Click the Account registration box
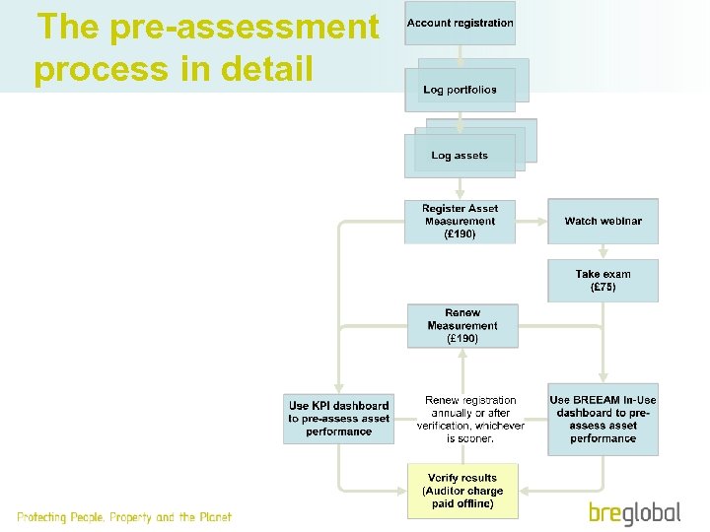460,23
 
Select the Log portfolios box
460,90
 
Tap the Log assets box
460,156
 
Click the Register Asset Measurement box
460,222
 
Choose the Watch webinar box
603,221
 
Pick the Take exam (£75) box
603,281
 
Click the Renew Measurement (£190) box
462,326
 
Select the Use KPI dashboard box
338,418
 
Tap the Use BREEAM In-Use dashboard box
603,419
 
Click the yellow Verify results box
462,491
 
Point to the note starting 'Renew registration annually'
470,420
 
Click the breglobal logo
635,512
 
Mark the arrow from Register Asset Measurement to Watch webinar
532,221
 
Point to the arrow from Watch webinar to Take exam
603,251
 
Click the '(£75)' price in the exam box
603,288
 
